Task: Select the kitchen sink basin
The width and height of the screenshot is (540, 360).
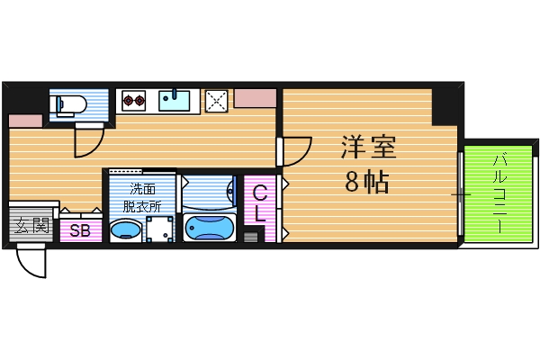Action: (176, 100)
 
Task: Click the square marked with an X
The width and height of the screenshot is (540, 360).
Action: (217, 101)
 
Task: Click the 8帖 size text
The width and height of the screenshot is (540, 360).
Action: (366, 183)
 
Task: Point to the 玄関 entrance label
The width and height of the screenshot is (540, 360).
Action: (30, 225)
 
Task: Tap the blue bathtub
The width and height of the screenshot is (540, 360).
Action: (209, 229)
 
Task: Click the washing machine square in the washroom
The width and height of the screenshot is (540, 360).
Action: (159, 230)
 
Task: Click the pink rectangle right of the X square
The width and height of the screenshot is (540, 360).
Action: (256, 97)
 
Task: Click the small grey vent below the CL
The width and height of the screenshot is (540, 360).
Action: (250, 238)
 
